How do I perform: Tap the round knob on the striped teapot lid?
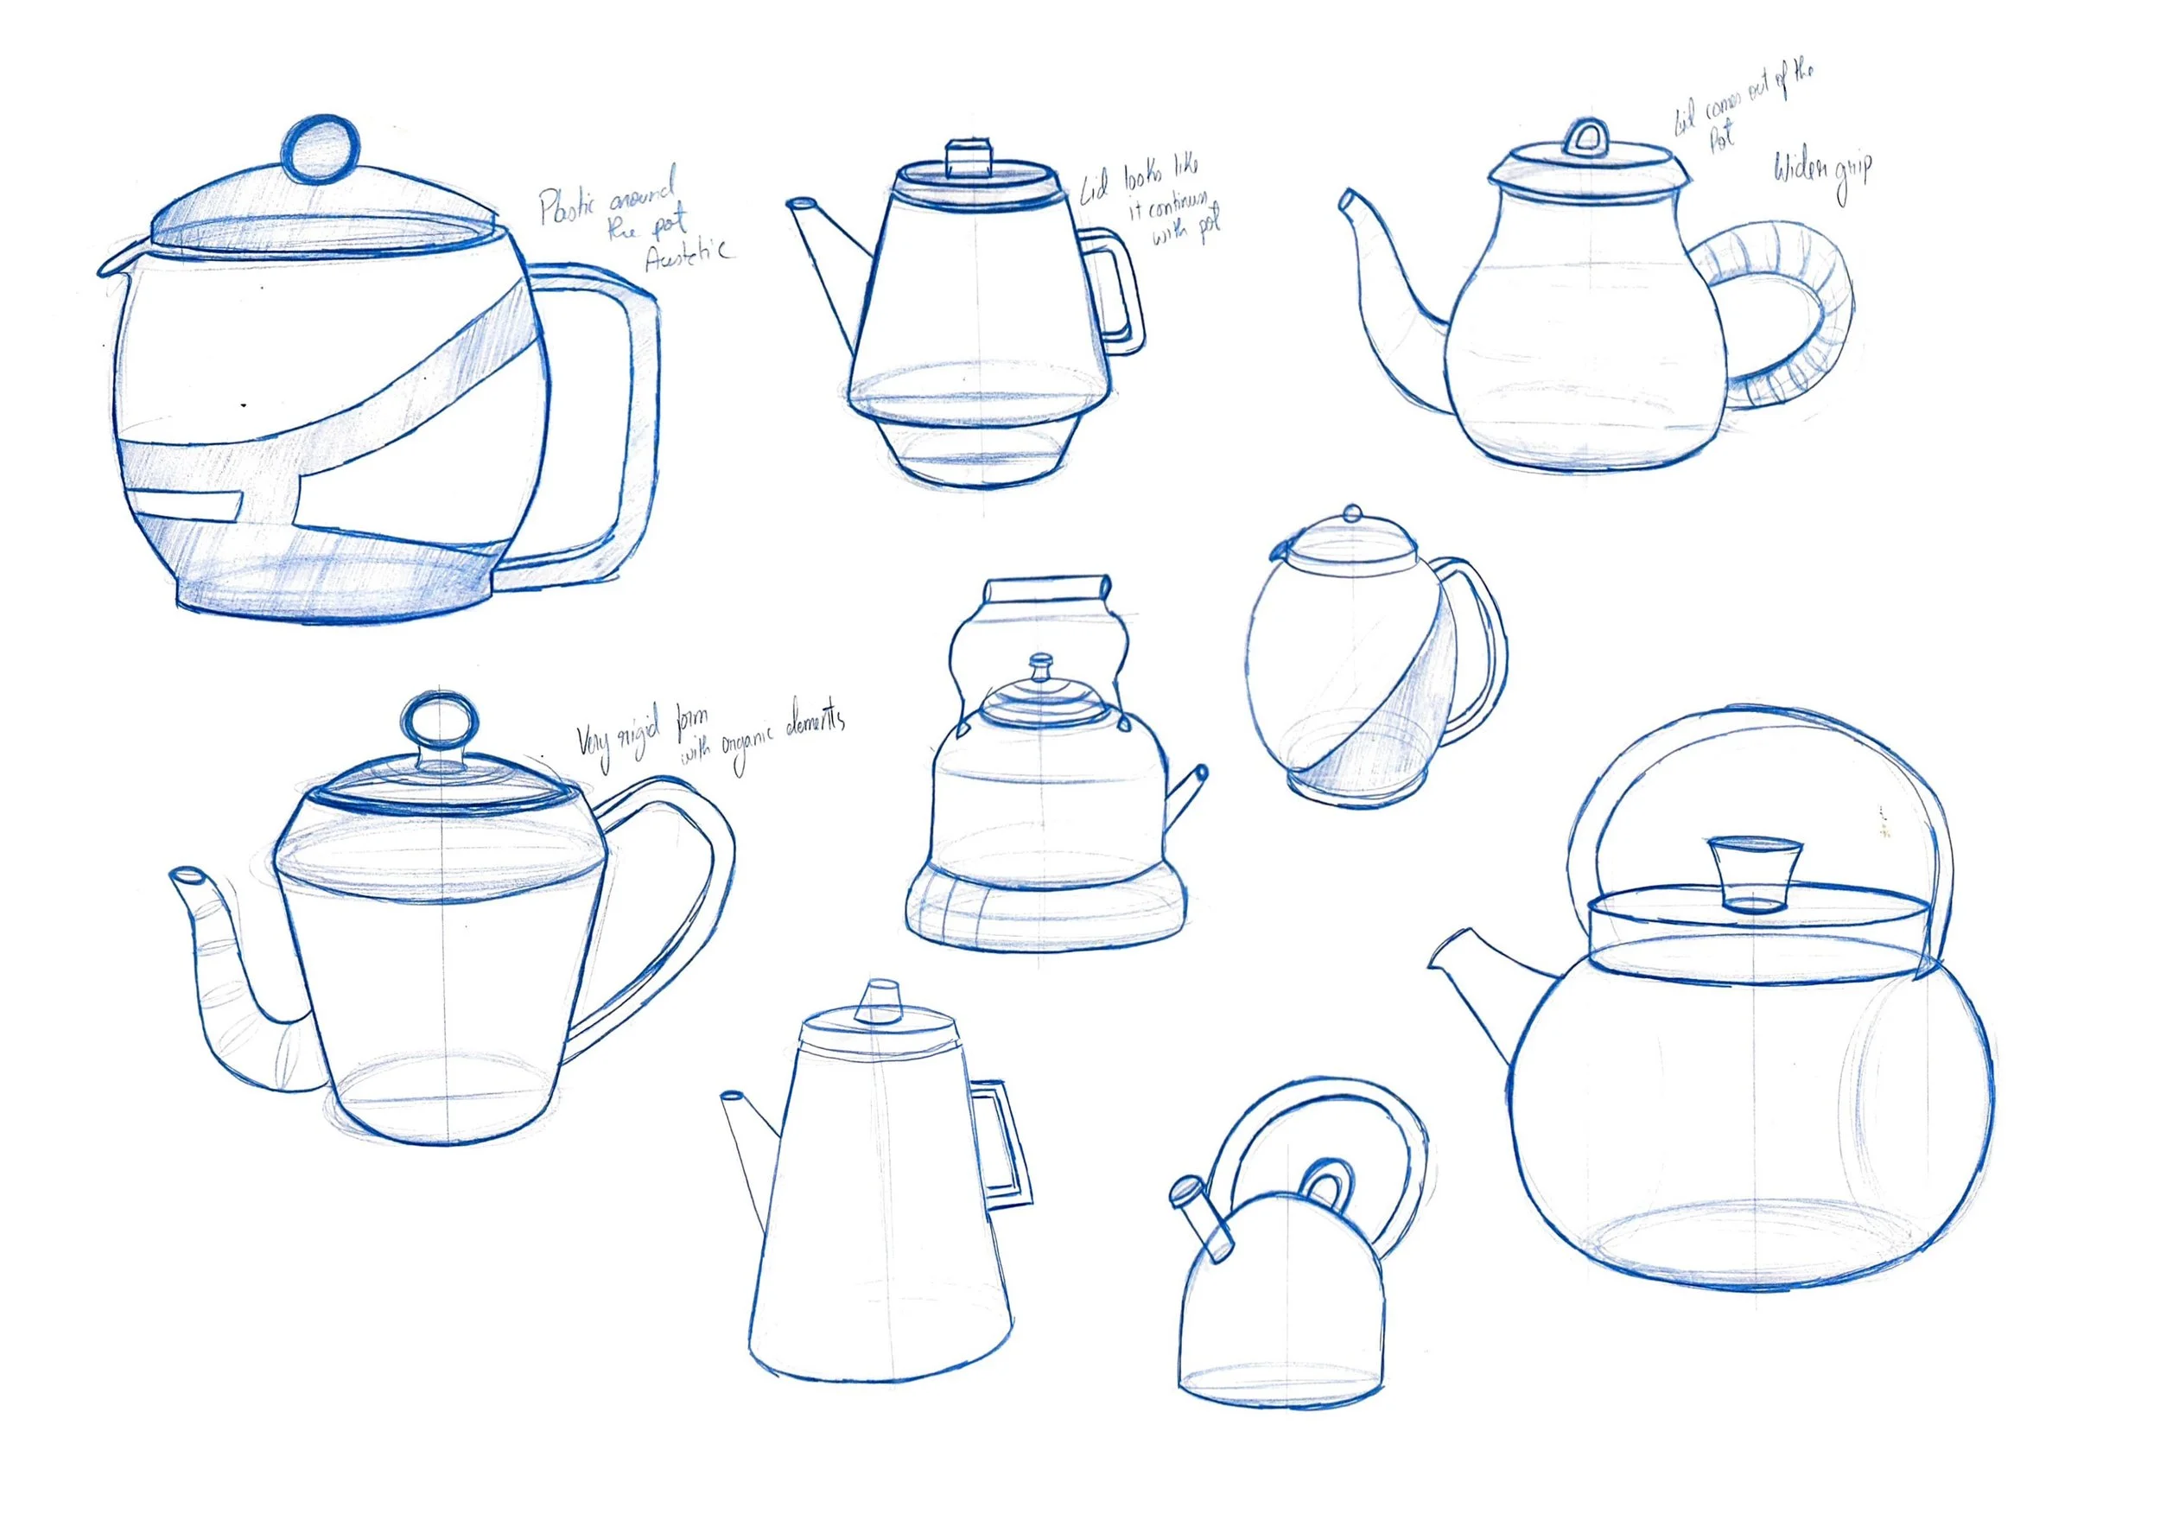pyautogui.click(x=321, y=149)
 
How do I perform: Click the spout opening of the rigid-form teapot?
pyautogui.click(x=188, y=877)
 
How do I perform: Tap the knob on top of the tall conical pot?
pyautogui.click(x=881, y=1000)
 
